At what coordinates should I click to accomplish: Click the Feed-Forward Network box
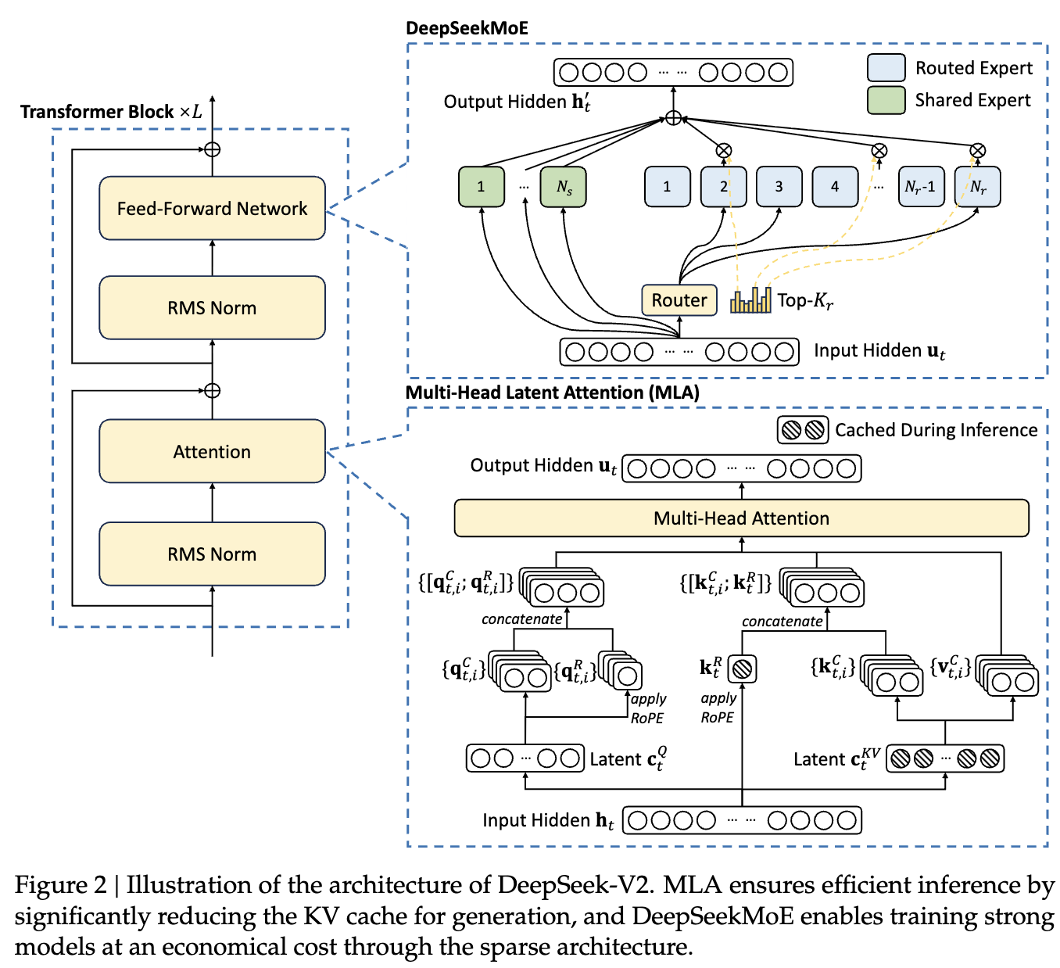212,208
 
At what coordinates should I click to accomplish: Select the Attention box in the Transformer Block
212,451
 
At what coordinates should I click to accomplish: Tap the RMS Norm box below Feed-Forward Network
212,307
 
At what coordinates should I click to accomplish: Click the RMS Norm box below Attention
212,554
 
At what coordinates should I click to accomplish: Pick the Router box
679,300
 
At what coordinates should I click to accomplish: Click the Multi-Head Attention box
741,518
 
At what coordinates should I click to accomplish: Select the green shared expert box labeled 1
481,187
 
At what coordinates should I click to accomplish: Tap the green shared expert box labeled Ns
564,187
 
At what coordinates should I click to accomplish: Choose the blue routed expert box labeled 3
779,187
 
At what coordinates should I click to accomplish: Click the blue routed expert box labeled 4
835,187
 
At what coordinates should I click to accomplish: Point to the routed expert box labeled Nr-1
921,187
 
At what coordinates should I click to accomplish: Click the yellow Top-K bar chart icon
750,300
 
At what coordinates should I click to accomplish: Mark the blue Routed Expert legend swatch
886,68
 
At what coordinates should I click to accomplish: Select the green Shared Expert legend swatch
886,100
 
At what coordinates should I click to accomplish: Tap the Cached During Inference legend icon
803,429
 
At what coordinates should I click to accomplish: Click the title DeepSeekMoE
467,29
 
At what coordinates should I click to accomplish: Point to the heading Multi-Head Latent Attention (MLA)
552,393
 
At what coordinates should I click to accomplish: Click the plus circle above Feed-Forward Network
212,149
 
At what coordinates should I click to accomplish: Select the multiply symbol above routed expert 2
724,150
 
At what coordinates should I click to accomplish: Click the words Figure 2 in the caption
60,885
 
